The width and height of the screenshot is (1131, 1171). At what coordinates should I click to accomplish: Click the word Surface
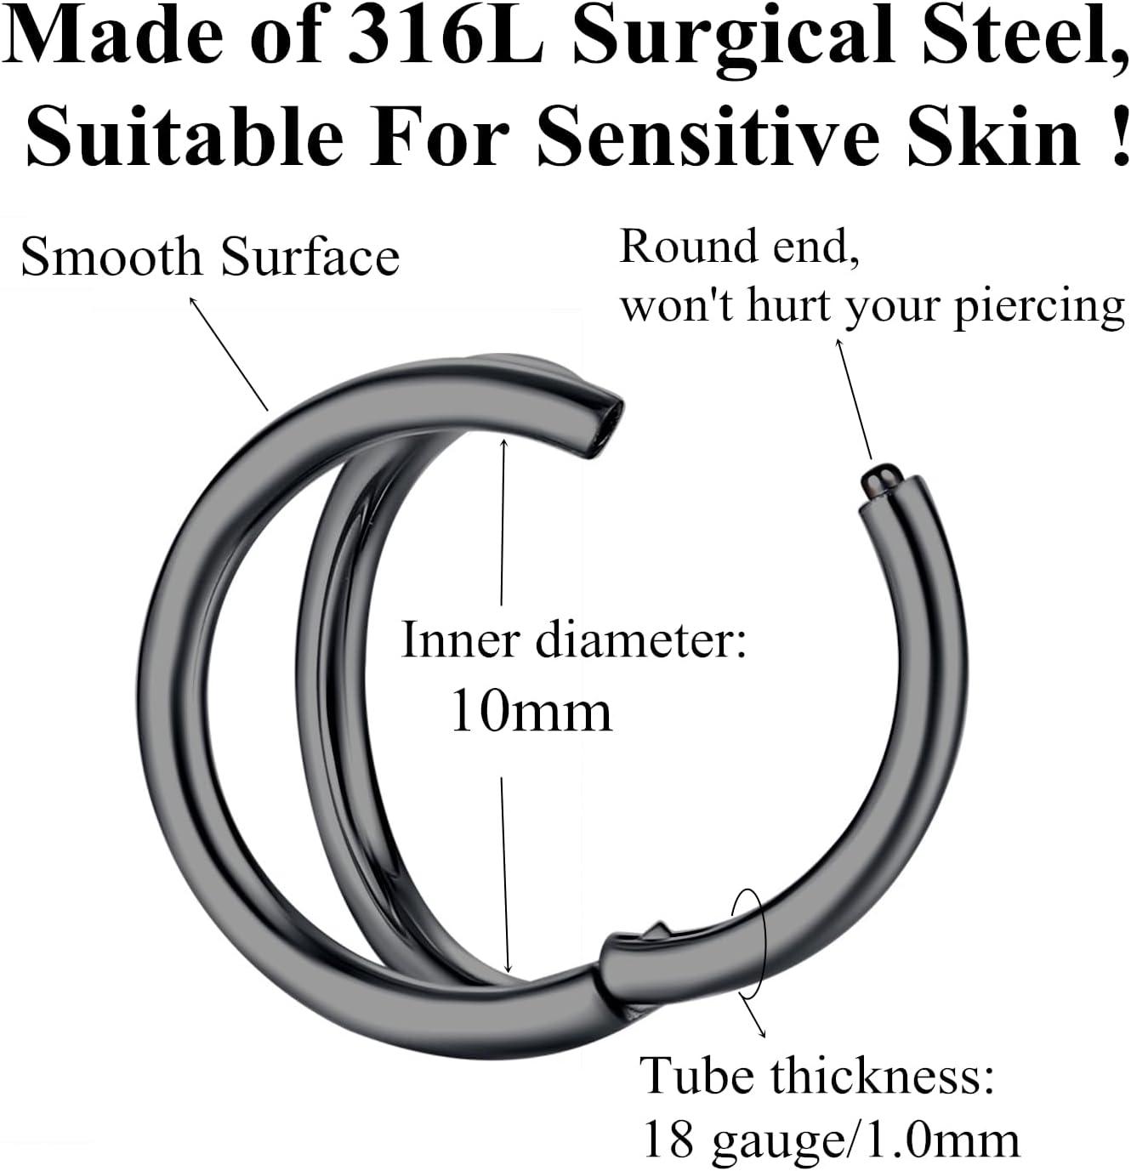pyautogui.click(x=310, y=256)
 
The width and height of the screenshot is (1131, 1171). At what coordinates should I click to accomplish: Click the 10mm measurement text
pyautogui.click(x=531, y=711)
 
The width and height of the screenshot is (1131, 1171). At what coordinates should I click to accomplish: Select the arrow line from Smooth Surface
pyautogui.click(x=229, y=353)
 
